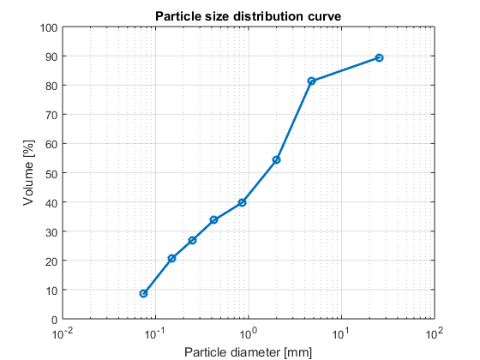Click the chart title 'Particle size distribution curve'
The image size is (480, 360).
click(248, 16)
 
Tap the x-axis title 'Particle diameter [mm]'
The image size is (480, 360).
click(248, 352)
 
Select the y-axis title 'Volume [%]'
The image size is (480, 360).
click(28, 172)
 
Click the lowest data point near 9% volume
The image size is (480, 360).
click(143, 293)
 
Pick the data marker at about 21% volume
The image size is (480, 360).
click(171, 258)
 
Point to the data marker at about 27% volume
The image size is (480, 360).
click(192, 240)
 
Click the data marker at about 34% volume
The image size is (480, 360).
click(213, 219)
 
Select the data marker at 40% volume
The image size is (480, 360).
click(242, 202)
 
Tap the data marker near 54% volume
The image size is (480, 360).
click(276, 159)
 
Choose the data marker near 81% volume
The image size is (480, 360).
click(311, 81)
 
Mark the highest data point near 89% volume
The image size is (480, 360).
click(379, 58)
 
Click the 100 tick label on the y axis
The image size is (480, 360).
click(49, 28)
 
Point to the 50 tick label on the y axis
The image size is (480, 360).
click(51, 173)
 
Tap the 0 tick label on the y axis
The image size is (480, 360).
click(55, 320)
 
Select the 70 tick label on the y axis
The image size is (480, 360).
click(51, 115)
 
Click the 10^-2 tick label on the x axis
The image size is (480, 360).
click(63, 333)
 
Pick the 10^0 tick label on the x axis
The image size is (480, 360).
click(249, 333)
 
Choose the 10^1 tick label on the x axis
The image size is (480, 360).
click(341, 333)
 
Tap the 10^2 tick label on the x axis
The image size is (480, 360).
click(435, 333)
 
